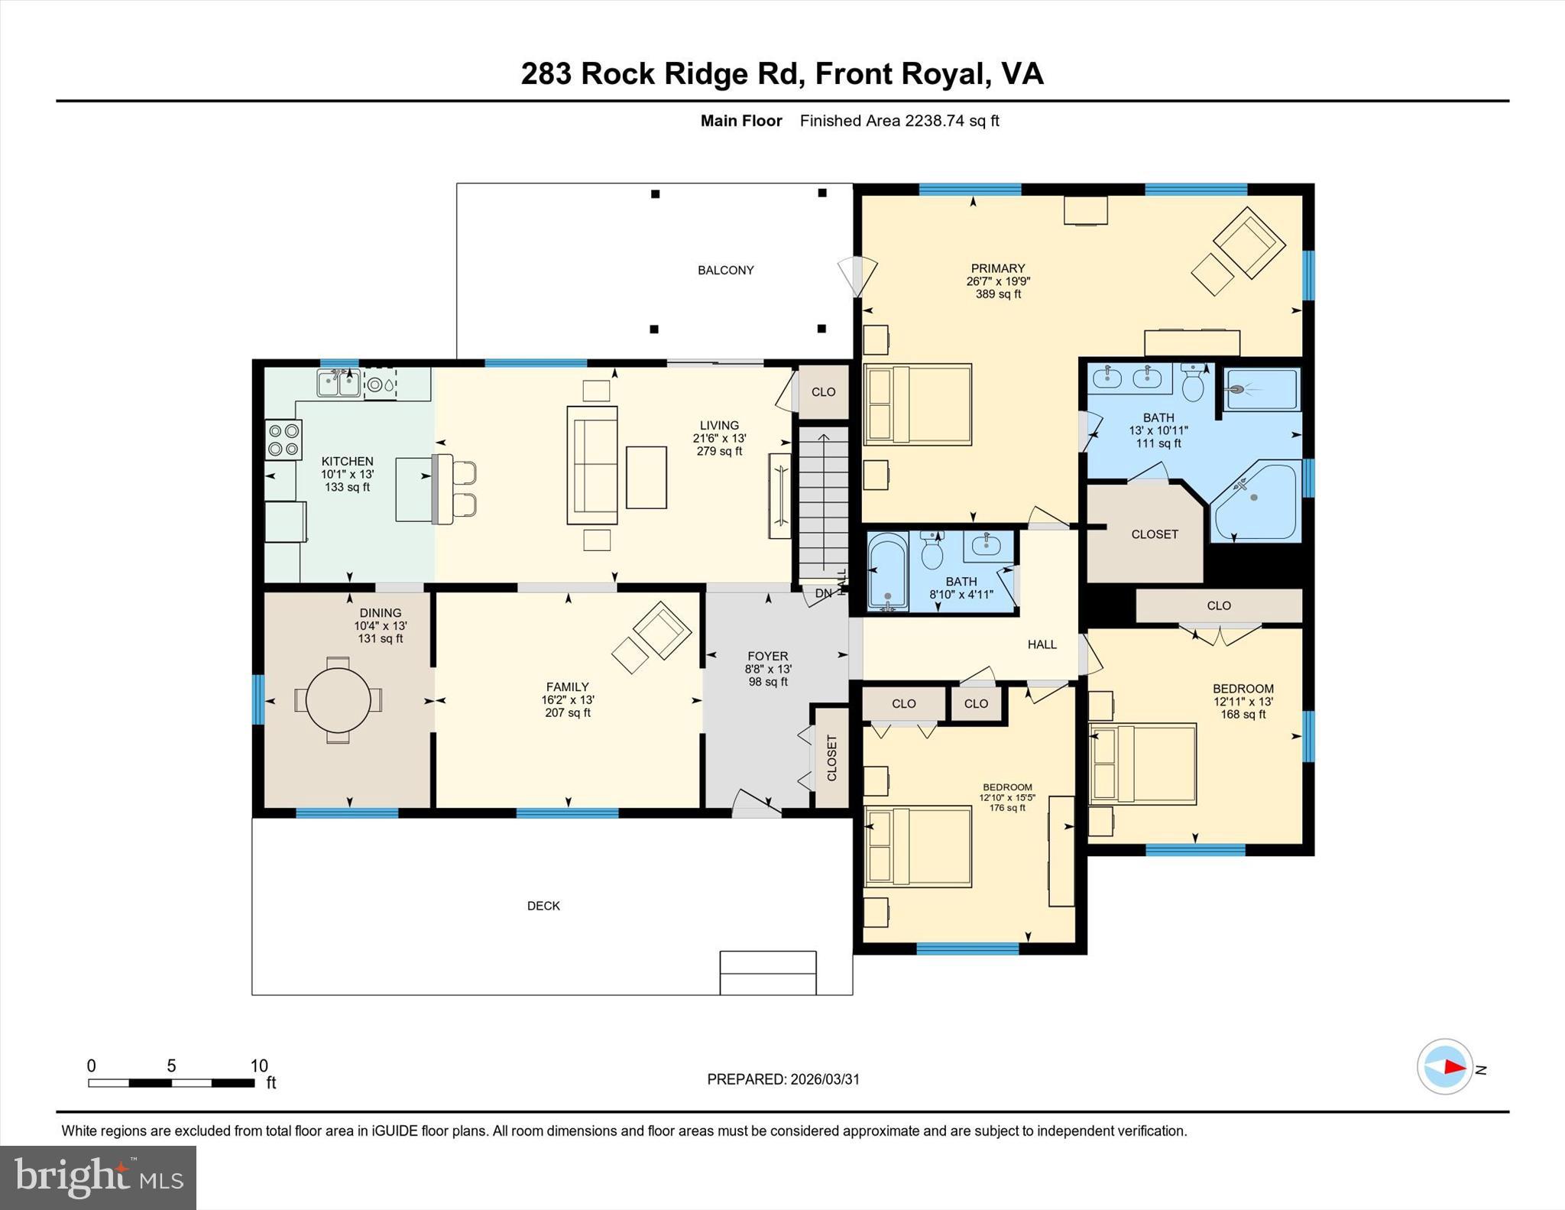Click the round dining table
click(x=338, y=700)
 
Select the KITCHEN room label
click(x=347, y=461)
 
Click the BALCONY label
click(x=725, y=270)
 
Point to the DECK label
click(x=543, y=906)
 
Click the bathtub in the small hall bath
click(x=888, y=573)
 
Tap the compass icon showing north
click(x=1444, y=1067)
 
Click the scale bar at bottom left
click(x=171, y=1082)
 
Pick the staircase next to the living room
click(x=823, y=504)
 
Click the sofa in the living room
click(x=592, y=466)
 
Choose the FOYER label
click(x=767, y=656)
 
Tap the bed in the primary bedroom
click(x=917, y=404)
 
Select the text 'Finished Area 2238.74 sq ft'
click(x=899, y=121)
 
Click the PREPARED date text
click(x=782, y=1079)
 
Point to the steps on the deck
click(x=768, y=972)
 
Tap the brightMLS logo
click(x=98, y=1177)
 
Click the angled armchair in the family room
click(x=662, y=631)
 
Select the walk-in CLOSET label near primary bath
click(x=1154, y=534)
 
